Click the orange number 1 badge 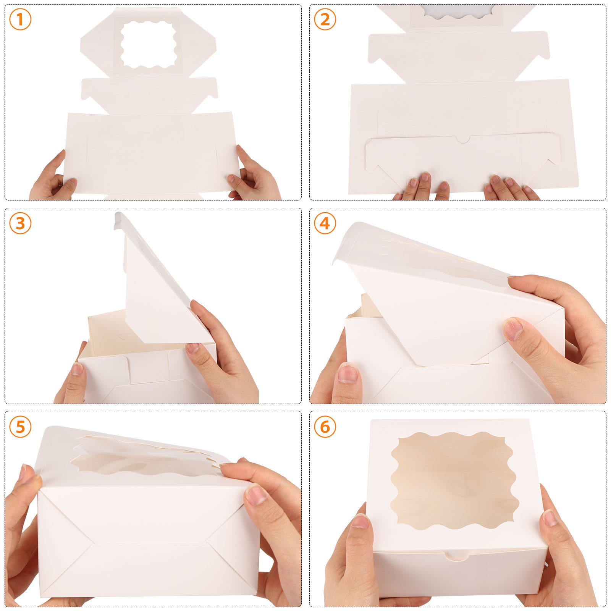pyautogui.click(x=20, y=19)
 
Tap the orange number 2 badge pyautogui.click(x=325, y=19)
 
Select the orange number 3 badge pyautogui.click(x=20, y=223)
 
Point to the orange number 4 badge pyautogui.click(x=325, y=223)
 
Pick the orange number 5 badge pyautogui.click(x=20, y=427)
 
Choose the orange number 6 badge pyautogui.click(x=325, y=427)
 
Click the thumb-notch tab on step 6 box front pyautogui.click(x=457, y=556)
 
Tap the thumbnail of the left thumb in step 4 pyautogui.click(x=348, y=373)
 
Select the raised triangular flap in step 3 pyautogui.click(x=158, y=283)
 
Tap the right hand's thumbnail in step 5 pyautogui.click(x=257, y=495)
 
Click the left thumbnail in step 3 pyautogui.click(x=78, y=369)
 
